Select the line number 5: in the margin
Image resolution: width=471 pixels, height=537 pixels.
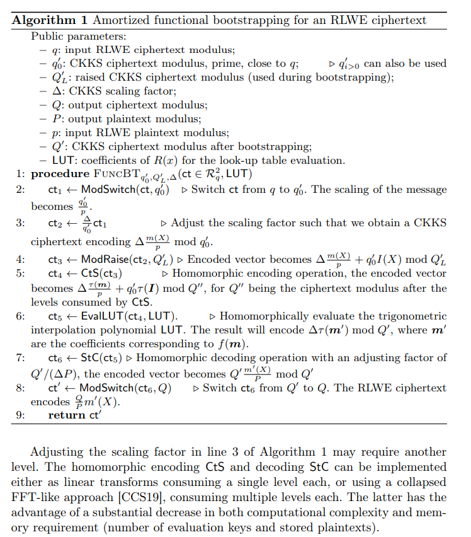pos(20,274)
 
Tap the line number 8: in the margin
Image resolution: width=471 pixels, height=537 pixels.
pos(20,388)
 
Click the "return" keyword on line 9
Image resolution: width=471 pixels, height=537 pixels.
pos(66,415)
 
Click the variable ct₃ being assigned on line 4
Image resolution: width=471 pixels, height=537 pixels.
pos(54,259)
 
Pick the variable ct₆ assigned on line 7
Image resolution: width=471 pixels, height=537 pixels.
pos(54,357)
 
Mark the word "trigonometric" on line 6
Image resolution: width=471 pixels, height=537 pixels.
pos(413,316)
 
